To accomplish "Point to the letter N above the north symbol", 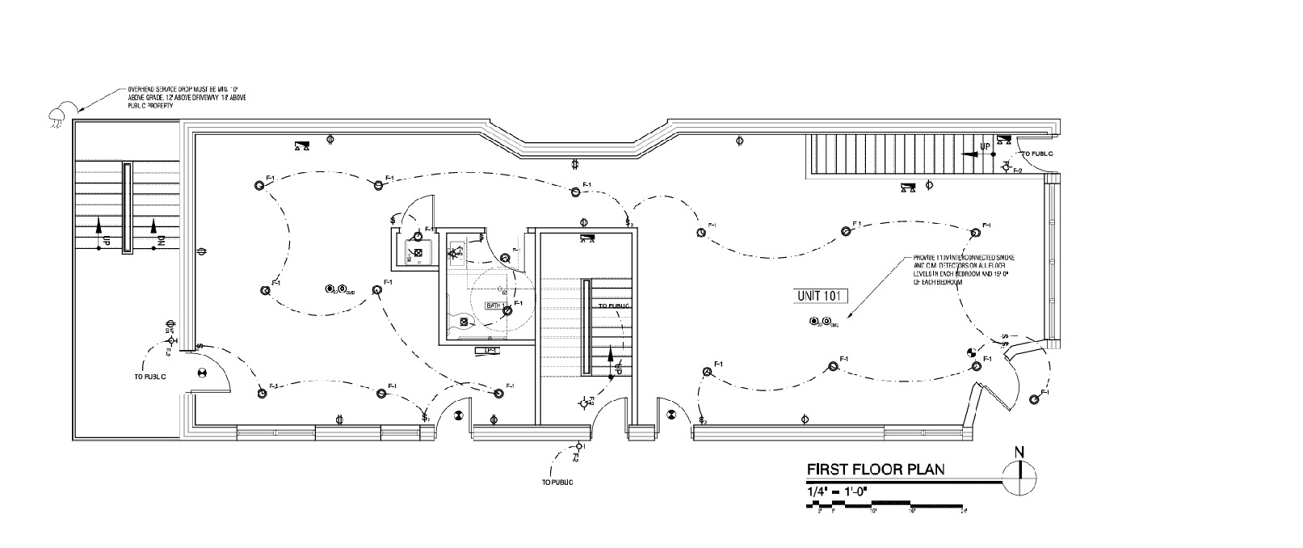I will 1019,452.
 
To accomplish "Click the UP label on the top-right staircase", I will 985,146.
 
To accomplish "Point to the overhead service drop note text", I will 187,96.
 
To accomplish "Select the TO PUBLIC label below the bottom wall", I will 557,483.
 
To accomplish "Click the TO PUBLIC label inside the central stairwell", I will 614,306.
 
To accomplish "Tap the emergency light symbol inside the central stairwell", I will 587,238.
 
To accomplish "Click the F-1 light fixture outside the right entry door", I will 1036,398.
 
